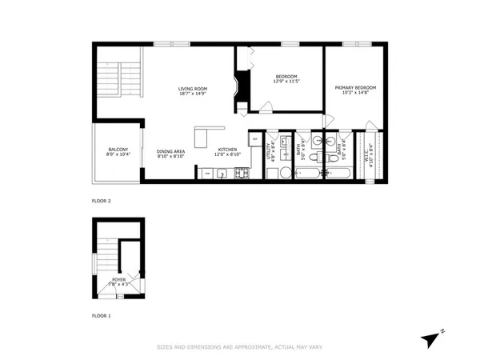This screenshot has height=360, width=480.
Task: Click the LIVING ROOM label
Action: point(193,88)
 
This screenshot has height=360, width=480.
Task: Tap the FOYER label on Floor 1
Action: point(118,279)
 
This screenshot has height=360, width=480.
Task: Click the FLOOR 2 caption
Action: point(101,201)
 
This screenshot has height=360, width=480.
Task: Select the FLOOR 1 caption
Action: point(101,316)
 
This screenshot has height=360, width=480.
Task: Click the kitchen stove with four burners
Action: point(239,172)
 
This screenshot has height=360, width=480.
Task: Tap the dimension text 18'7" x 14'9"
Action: point(193,94)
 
